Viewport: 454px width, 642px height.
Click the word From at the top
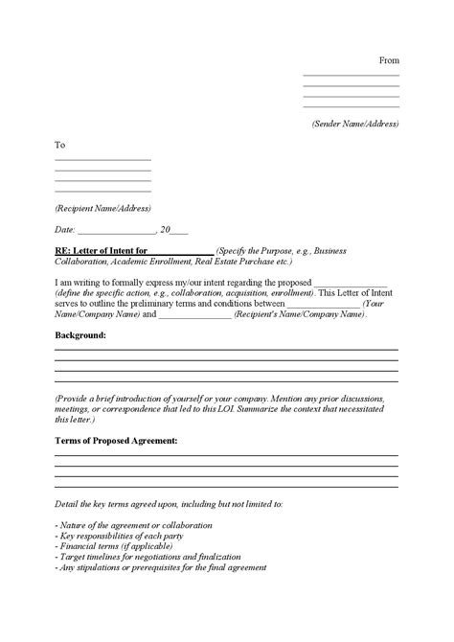[388, 59]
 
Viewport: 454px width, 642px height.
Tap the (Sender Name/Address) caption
[355, 124]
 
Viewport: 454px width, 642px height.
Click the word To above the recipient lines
[59, 145]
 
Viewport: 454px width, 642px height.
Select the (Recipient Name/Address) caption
[102, 208]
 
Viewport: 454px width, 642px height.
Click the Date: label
[64, 230]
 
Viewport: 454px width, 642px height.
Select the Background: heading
[80, 336]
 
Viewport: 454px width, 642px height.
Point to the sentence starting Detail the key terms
[169, 503]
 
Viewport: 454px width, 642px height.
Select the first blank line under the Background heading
[226, 351]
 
